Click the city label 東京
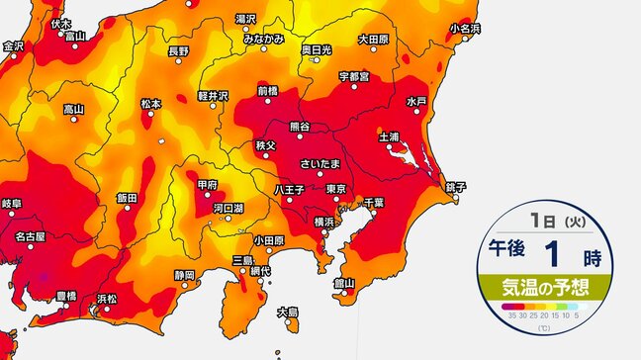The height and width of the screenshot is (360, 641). click(x=334, y=188)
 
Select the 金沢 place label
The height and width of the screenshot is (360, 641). click(x=13, y=45)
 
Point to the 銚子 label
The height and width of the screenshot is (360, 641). click(x=456, y=186)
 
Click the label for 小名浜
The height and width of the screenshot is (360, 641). click(x=464, y=29)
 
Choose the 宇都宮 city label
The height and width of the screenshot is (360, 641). click(x=353, y=75)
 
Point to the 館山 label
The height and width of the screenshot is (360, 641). click(x=343, y=282)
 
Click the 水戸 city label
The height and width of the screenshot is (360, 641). click(x=415, y=102)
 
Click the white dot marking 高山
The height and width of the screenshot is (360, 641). click(x=73, y=119)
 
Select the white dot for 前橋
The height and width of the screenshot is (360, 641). click(x=268, y=102)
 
